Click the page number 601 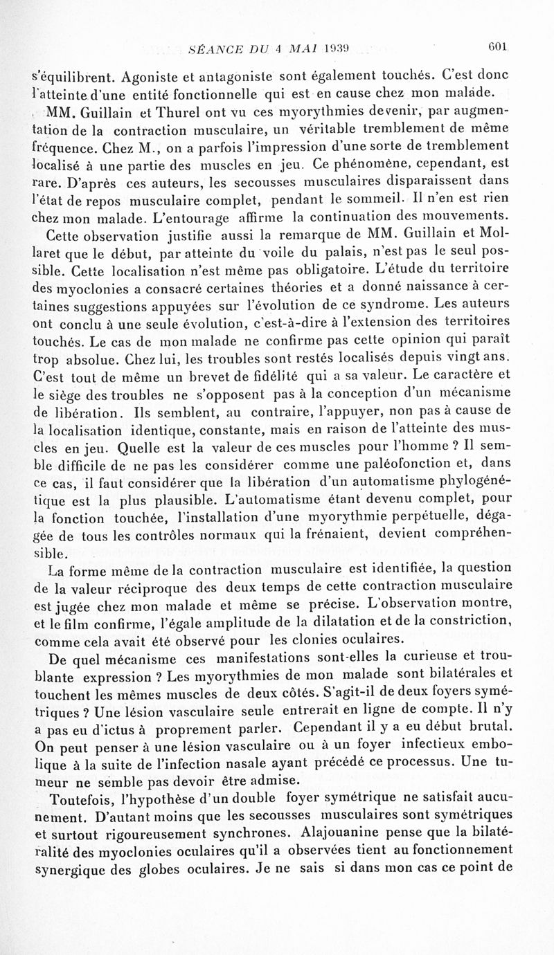pos(499,49)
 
